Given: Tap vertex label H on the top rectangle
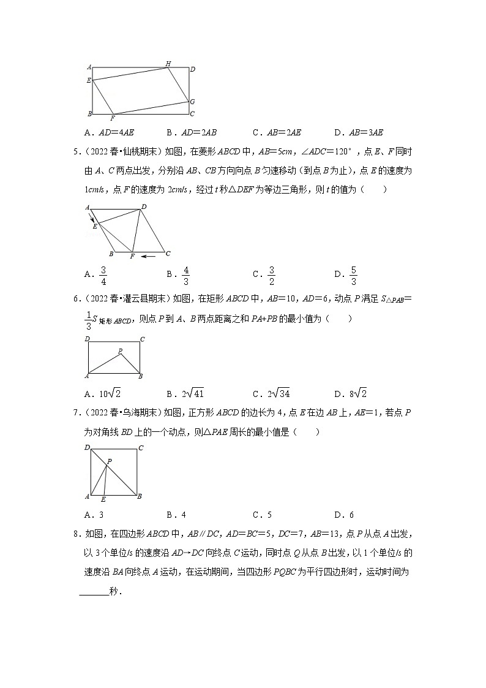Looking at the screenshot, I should pos(168,63).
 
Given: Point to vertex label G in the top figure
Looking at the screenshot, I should pos(192,102).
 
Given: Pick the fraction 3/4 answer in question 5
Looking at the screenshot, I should pos(103,276).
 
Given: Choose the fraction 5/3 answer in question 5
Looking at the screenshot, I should pos(354,276).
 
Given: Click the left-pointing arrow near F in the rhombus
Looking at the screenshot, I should pos(148,256).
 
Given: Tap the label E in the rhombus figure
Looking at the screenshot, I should pos(95,227).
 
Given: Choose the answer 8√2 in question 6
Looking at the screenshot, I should pos(355,393).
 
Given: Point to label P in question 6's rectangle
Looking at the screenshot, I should pos(120,351).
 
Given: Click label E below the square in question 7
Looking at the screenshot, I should pos(103,500).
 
